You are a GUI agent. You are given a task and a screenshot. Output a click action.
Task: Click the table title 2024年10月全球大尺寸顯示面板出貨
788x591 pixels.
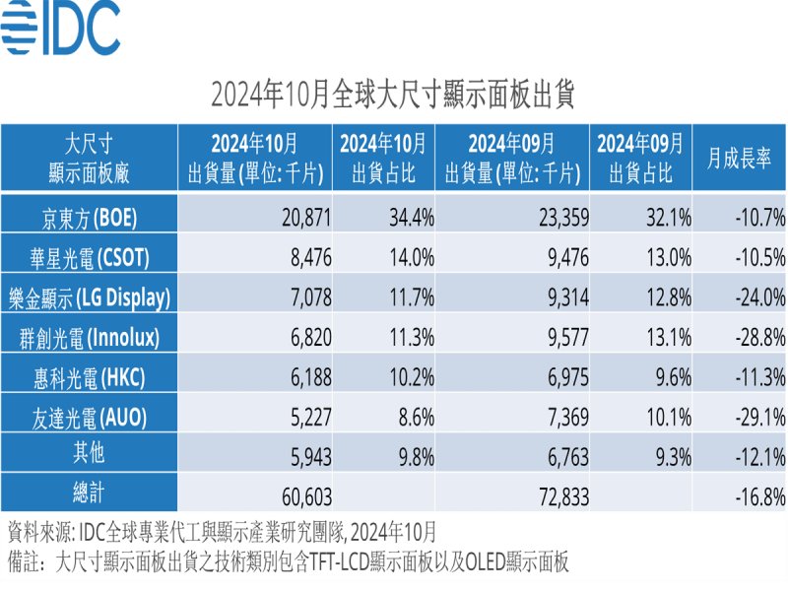click(393, 96)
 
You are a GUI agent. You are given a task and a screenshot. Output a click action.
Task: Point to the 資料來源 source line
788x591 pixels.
click(222, 533)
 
